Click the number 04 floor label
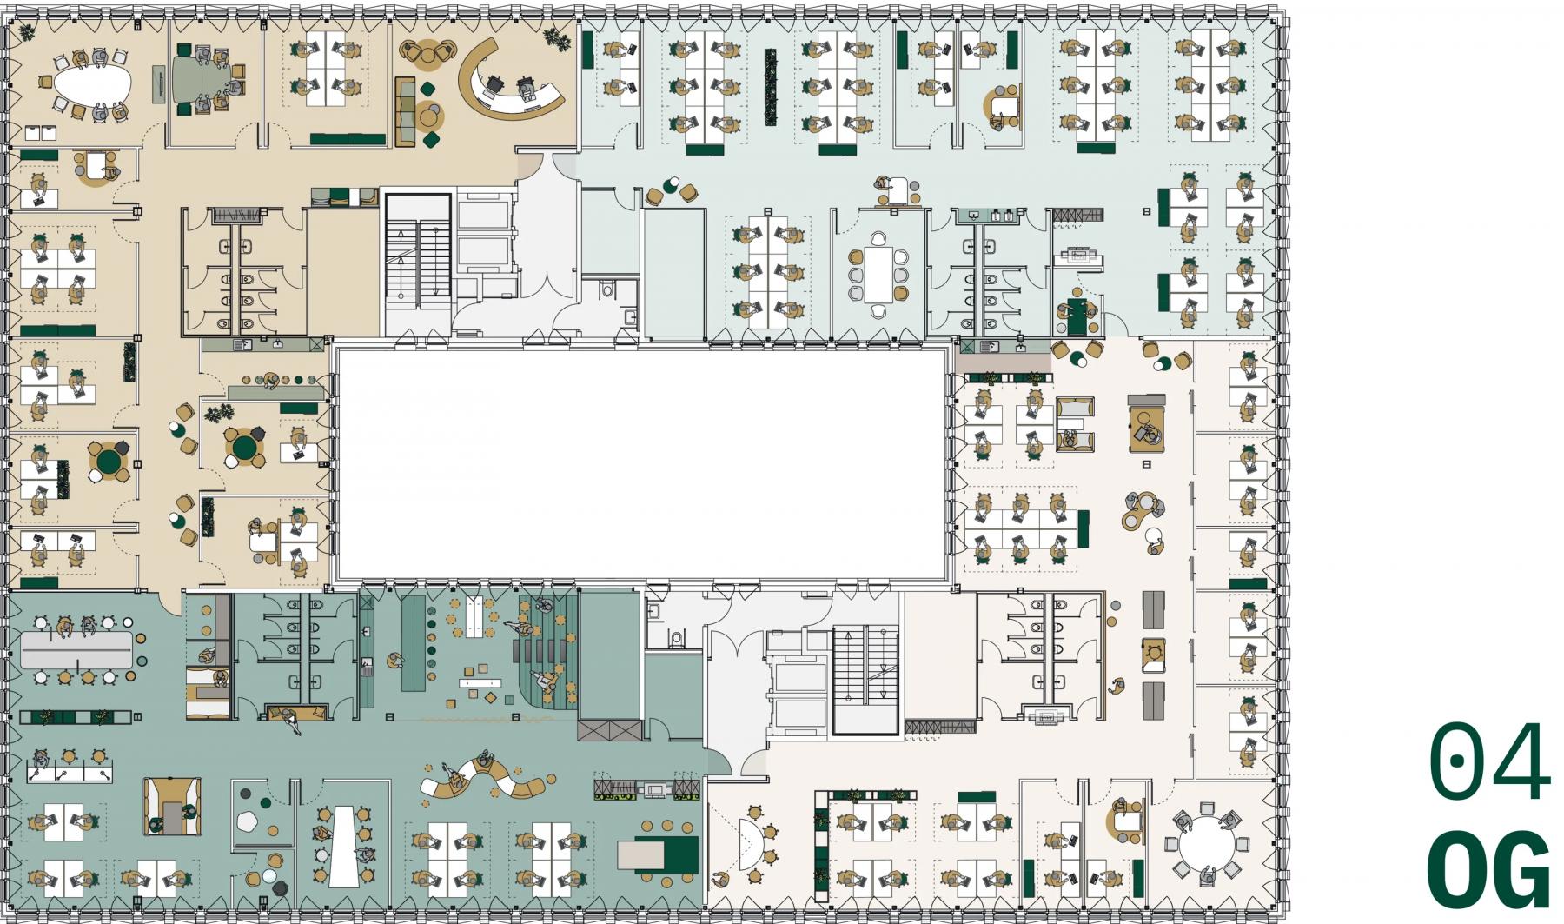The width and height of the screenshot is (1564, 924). pyautogui.click(x=1490, y=762)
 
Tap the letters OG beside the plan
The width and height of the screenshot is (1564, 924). pyautogui.click(x=1490, y=869)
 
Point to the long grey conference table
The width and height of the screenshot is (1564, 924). pyautogui.click(x=76, y=649)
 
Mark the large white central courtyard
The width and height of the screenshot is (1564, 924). pyautogui.click(x=641, y=462)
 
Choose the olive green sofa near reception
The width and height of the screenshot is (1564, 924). pyautogui.click(x=405, y=111)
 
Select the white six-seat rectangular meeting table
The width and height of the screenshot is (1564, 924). pyautogui.click(x=878, y=272)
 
